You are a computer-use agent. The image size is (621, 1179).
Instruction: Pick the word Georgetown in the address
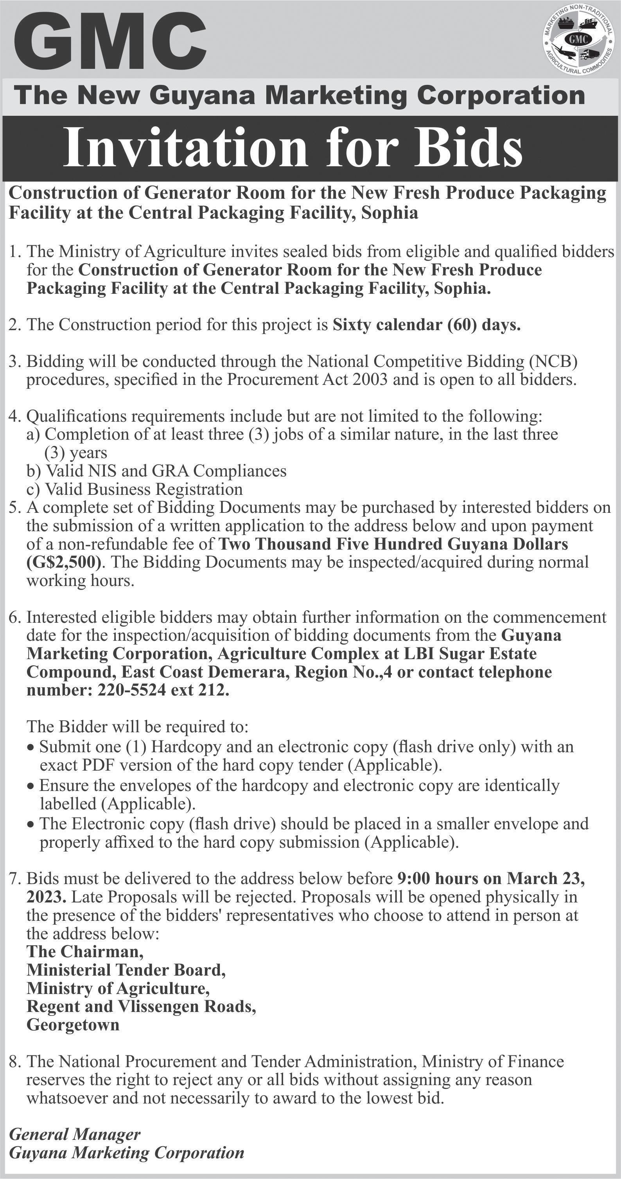pos(73,1025)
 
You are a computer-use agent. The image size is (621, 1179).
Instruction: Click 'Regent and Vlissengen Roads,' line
pos(141,1006)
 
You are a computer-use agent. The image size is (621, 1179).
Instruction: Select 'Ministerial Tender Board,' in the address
pos(126,970)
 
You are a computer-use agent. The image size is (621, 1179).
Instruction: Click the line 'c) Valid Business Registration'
pos(135,489)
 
